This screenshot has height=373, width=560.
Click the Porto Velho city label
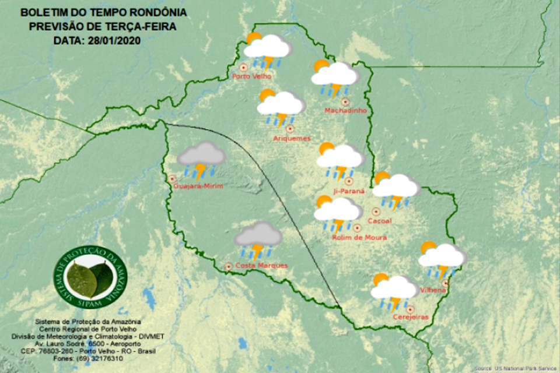(251, 76)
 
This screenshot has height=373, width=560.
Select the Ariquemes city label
(292, 138)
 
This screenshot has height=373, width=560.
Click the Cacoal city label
(380, 221)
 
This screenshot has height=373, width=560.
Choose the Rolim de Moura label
(359, 238)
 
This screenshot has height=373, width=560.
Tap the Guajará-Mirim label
(198, 186)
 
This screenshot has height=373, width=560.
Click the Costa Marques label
(253, 266)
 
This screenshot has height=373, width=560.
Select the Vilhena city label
(433, 290)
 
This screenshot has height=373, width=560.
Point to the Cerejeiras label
(411, 317)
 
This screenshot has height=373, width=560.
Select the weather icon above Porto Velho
(267, 51)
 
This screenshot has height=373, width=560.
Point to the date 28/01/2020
(113, 41)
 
